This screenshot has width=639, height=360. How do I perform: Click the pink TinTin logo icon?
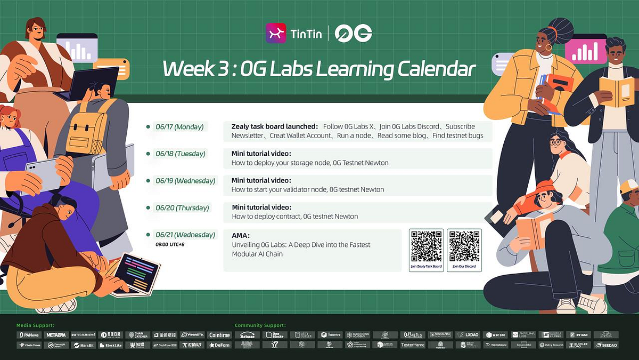click(276, 33)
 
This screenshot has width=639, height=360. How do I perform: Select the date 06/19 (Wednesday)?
click(185, 181)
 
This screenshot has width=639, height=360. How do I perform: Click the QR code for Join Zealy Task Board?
click(426, 246)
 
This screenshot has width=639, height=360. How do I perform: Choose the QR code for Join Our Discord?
click(464, 246)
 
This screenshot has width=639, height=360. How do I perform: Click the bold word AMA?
click(241, 235)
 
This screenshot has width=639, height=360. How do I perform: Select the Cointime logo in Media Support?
click(219, 335)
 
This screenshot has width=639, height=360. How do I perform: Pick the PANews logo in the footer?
click(28, 335)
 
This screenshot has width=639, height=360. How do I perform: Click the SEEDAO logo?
click(606, 345)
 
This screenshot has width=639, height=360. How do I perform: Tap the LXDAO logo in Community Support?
click(469, 335)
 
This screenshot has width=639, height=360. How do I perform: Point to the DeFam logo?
click(219, 345)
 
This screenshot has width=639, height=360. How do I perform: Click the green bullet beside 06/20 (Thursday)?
click(148, 208)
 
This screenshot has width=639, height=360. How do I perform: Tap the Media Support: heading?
click(35, 325)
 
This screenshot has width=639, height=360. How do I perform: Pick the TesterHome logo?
click(413, 345)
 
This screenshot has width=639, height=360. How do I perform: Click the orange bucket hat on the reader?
click(545, 187)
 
